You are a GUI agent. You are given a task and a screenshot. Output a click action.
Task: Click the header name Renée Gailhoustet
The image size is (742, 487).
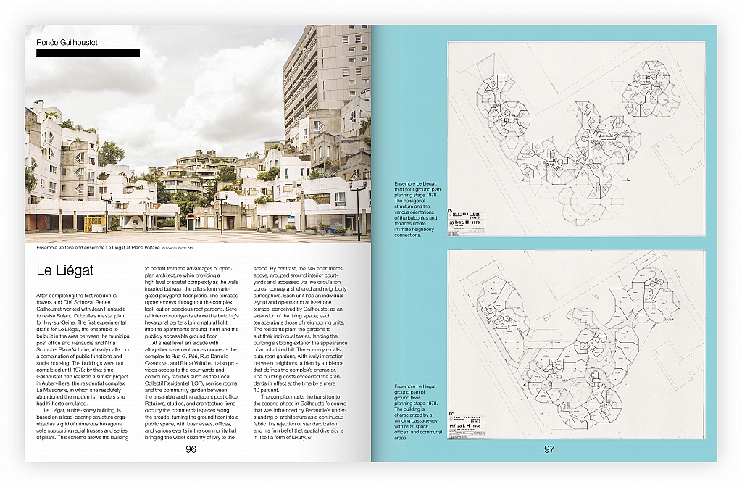point(67,43)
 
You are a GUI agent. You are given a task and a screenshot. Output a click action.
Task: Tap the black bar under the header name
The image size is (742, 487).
point(88,53)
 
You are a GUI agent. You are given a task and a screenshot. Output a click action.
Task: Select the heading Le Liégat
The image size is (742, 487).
point(64,271)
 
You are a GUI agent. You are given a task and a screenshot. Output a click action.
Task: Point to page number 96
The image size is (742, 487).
point(191,449)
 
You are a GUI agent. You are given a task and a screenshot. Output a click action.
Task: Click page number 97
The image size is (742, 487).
point(549,449)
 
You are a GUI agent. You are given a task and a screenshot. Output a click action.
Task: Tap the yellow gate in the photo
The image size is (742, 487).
point(93,223)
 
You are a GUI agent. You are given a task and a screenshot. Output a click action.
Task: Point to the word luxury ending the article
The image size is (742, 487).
point(297,437)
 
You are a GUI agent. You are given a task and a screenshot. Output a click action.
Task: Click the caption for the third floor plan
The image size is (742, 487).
point(417,209)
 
